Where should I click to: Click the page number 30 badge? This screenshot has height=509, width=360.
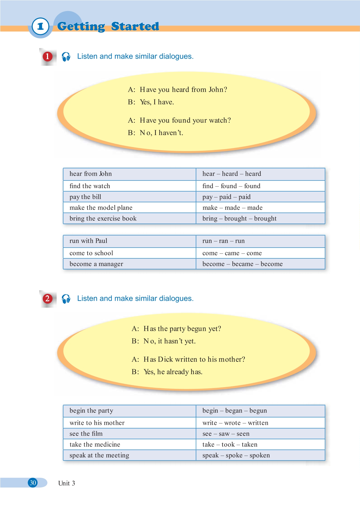tap(33, 483)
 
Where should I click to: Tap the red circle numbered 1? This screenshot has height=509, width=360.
tap(47, 57)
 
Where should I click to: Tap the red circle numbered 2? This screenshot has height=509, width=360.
tap(47, 299)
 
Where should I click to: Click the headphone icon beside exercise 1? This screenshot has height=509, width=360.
tap(66, 57)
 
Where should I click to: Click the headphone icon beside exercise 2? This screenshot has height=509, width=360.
tap(66, 299)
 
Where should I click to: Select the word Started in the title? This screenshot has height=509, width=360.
tap(135, 27)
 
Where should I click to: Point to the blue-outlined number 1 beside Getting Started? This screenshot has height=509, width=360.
tap(41, 27)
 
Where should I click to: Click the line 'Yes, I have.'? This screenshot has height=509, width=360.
tap(157, 102)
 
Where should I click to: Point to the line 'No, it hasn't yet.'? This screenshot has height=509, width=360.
tap(169, 341)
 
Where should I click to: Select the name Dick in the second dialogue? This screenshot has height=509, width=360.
tap(165, 359)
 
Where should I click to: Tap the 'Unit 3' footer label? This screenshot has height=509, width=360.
tap(67, 483)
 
